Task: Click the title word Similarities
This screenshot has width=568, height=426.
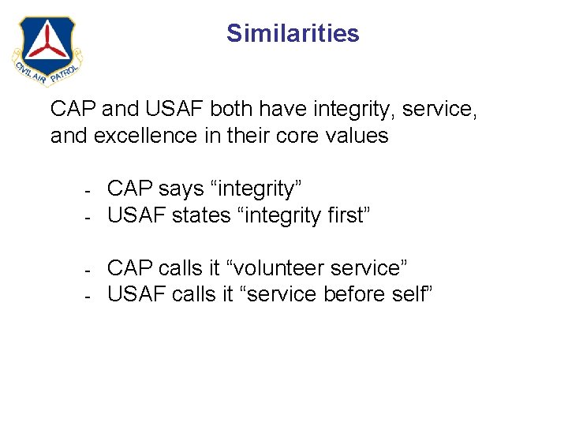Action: coord(293,33)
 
